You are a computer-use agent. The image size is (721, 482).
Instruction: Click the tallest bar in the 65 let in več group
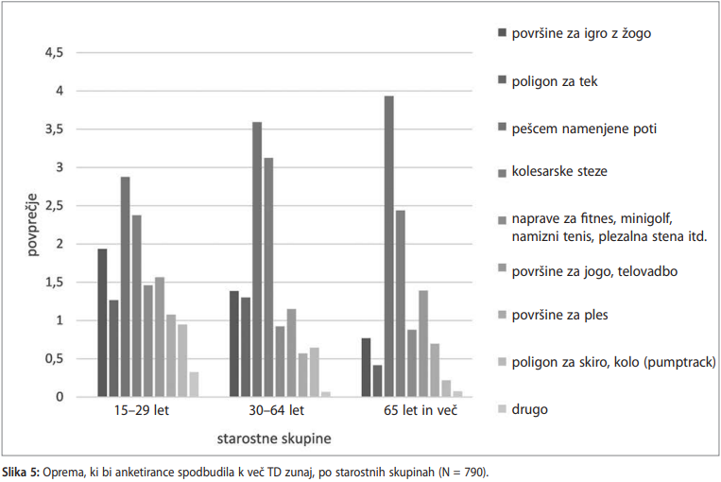388,246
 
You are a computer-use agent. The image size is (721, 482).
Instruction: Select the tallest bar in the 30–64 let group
257,259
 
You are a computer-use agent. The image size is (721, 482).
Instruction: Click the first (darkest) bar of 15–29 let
102,322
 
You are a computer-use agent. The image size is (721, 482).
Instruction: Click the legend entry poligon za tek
554,81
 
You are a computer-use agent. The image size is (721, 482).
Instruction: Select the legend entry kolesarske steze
559,172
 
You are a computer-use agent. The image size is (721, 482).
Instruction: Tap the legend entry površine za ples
558,316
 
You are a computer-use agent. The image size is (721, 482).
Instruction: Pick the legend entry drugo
530,409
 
